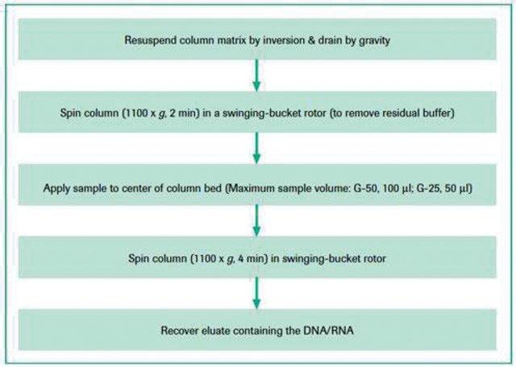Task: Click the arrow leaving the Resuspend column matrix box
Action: [x=256, y=75]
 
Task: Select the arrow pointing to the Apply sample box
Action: [x=256, y=148]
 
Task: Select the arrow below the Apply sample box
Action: [x=256, y=221]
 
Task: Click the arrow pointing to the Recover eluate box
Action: [x=256, y=293]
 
